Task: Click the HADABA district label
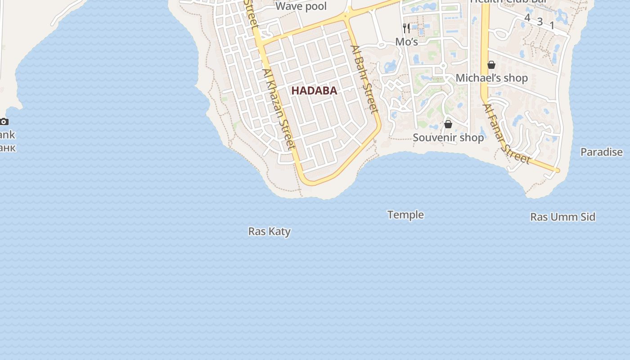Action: pyautogui.click(x=314, y=90)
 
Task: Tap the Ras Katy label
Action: pyautogui.click(x=270, y=231)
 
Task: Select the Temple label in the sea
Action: pyautogui.click(x=405, y=215)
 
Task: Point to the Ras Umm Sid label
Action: pyautogui.click(x=562, y=217)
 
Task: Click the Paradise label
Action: pyautogui.click(x=601, y=152)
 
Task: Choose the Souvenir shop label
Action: pyautogui.click(x=448, y=137)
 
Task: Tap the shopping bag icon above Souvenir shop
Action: pyautogui.click(x=448, y=124)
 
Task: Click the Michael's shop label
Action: pyautogui.click(x=491, y=78)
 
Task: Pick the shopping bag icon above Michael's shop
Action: pyautogui.click(x=491, y=65)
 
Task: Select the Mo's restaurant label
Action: pyautogui.click(x=406, y=42)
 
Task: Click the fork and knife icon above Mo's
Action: pyautogui.click(x=406, y=28)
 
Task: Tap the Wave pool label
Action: pyautogui.click(x=301, y=6)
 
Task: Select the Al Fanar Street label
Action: pyautogui.click(x=506, y=134)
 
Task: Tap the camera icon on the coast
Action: pyautogui.click(x=4, y=121)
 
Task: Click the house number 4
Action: pyautogui.click(x=527, y=18)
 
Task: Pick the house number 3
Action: pyautogui.click(x=540, y=22)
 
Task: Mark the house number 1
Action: pyautogui.click(x=552, y=26)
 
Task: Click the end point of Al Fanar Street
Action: pyautogui.click(x=558, y=171)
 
